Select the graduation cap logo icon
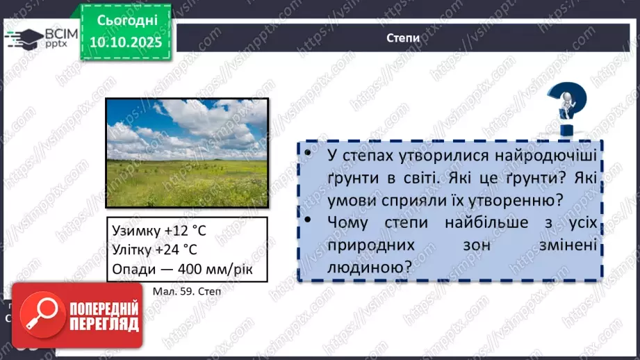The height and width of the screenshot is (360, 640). (x=23, y=39)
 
